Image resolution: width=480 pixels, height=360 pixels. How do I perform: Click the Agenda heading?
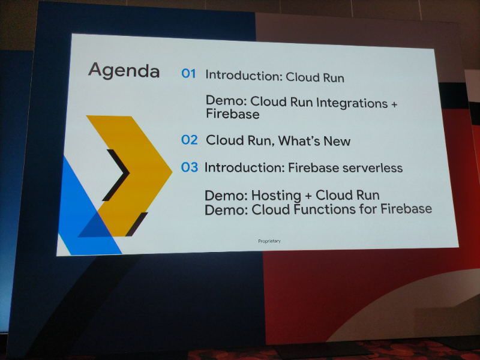click(x=124, y=71)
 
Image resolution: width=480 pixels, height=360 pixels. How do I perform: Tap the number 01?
click(x=189, y=74)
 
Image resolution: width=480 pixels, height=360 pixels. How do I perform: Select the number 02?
click(x=189, y=140)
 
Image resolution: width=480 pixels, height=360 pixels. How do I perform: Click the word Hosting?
click(x=275, y=196)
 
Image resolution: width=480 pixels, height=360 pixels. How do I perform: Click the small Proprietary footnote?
click(x=269, y=241)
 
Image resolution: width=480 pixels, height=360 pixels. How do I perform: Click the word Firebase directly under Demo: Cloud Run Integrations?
click(x=232, y=114)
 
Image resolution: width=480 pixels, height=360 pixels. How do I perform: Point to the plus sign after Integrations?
click(x=394, y=103)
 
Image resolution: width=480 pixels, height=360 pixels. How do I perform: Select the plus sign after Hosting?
click(x=306, y=196)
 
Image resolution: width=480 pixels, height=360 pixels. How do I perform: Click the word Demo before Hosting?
click(x=226, y=196)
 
